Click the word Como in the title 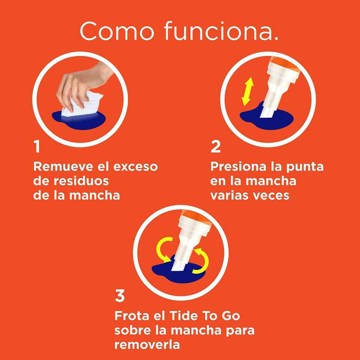[117, 31]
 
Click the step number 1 [37, 147]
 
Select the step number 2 [216, 147]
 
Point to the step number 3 [120, 296]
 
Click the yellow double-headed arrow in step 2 [247, 92]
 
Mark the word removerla [147, 345]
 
